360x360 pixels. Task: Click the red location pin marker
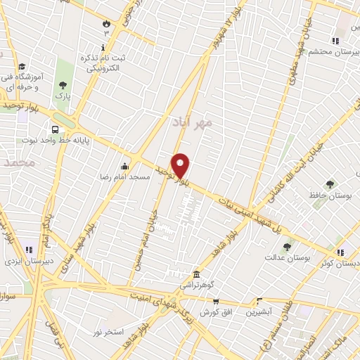181,165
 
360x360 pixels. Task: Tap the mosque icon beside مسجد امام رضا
124,167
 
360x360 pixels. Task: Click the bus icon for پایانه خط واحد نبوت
55,129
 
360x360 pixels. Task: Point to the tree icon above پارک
63,85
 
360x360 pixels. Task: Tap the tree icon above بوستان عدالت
287,247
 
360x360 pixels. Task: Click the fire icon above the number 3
107,22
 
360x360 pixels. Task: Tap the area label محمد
19,162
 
